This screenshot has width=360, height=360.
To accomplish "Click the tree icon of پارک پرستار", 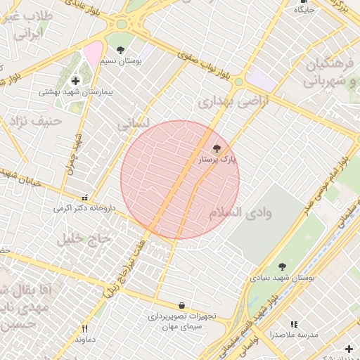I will click(x=216, y=149).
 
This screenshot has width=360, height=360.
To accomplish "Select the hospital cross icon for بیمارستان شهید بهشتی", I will click(x=76, y=81).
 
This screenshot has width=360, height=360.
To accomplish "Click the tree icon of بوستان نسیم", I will click(x=121, y=50).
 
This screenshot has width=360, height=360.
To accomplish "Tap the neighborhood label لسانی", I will click(x=132, y=125).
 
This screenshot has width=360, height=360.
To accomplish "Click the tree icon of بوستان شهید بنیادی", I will click(x=282, y=266).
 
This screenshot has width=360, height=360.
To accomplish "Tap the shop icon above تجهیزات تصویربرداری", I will click(x=182, y=306).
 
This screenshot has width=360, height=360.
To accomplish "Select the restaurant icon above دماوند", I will click(x=84, y=328).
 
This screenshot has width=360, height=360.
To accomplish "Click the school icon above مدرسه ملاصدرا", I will click(x=294, y=324).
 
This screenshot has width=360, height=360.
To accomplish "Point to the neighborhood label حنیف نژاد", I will click(x=36, y=121).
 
